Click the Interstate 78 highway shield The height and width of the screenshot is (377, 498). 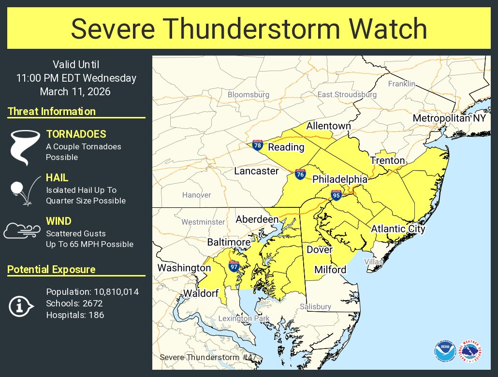click(257, 145)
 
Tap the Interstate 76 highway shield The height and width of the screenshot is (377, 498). click(300, 174)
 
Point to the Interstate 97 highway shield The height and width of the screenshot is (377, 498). click(234, 265)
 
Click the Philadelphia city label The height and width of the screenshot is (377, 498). click(340, 179)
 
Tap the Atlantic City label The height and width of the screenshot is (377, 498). click(398, 229)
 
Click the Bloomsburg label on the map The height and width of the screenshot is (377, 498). click(249, 95)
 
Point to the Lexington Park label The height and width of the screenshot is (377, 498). click(242, 318)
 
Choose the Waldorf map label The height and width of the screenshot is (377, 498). click(201, 293)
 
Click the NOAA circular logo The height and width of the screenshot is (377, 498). click(444, 352)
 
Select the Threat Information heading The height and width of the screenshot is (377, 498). click(52, 112)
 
